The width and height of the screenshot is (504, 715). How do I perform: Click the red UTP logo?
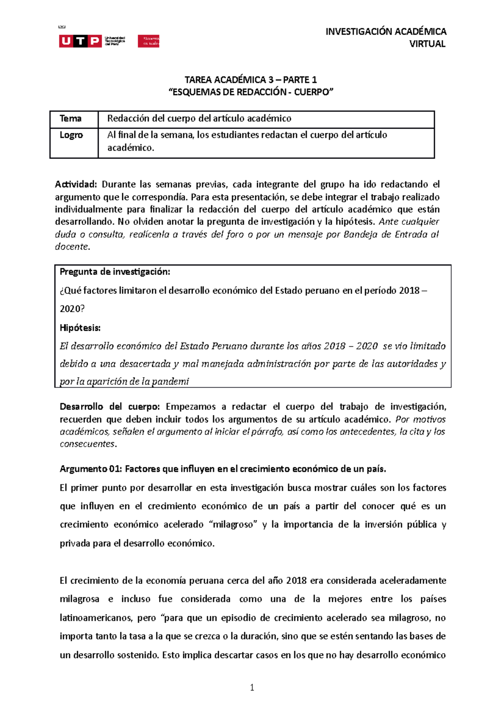point(80,41)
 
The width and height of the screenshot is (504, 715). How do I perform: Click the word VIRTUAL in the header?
point(427,44)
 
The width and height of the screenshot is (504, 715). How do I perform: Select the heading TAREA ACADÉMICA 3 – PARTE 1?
point(251,80)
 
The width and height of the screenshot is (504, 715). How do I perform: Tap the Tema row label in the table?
point(71,119)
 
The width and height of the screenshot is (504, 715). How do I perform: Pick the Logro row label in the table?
point(71,135)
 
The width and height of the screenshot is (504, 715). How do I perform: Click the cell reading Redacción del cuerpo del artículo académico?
point(199,119)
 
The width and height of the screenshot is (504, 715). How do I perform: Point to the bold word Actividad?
point(76,184)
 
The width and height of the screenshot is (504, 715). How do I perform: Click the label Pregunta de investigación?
point(115,272)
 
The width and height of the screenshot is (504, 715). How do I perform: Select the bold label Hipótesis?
point(80,327)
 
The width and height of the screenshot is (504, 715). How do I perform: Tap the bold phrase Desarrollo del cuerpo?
point(110,406)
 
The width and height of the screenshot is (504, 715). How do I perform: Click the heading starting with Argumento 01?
point(223,469)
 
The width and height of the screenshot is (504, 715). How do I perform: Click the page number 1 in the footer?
point(252,688)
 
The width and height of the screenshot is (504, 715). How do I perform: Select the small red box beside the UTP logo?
point(148,41)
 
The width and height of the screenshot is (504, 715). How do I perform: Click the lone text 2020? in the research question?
point(72,309)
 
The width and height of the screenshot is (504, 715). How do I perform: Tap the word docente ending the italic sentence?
point(72,247)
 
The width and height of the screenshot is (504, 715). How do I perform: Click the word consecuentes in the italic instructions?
point(87,444)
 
